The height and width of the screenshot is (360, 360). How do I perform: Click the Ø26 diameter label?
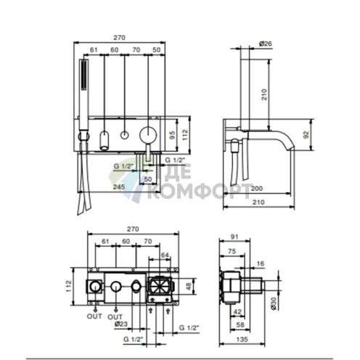266,44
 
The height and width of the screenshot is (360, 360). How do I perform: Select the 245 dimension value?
119,187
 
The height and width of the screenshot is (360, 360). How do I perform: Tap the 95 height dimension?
172,135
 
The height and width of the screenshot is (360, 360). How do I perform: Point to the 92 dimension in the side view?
306,134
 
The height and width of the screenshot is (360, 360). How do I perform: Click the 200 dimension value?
256,188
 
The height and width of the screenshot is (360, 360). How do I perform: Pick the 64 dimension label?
165,255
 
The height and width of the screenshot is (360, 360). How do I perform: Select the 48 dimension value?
189,287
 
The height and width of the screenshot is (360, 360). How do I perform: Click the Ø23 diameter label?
121,324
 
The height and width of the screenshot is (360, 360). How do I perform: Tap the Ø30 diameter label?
273,303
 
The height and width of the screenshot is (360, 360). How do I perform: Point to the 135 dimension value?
242,339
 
